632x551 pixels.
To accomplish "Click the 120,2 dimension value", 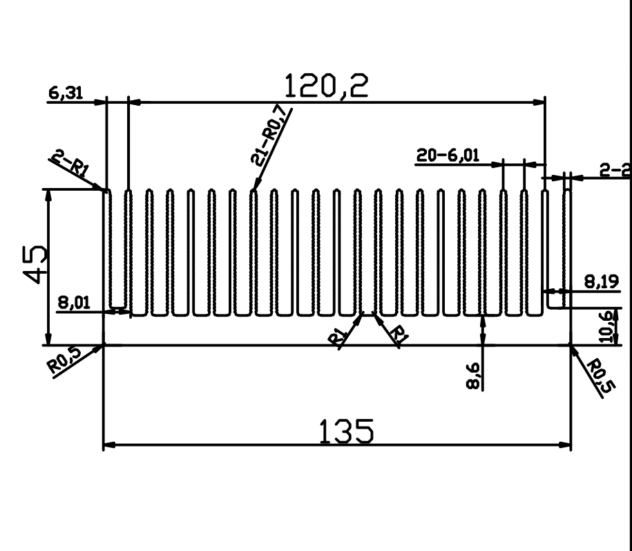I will pos(327,86).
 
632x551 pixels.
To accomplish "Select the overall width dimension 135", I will pos(347,431).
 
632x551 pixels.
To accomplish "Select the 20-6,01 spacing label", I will pos(448,156).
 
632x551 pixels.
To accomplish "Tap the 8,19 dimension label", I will pos(599,282).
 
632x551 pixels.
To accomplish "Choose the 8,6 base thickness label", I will pos(474,377).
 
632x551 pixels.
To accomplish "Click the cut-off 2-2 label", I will pos(614,170).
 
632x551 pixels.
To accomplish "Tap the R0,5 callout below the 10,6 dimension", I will pos(598,377).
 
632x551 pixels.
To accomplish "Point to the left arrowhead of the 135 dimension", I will pos(108,445).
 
